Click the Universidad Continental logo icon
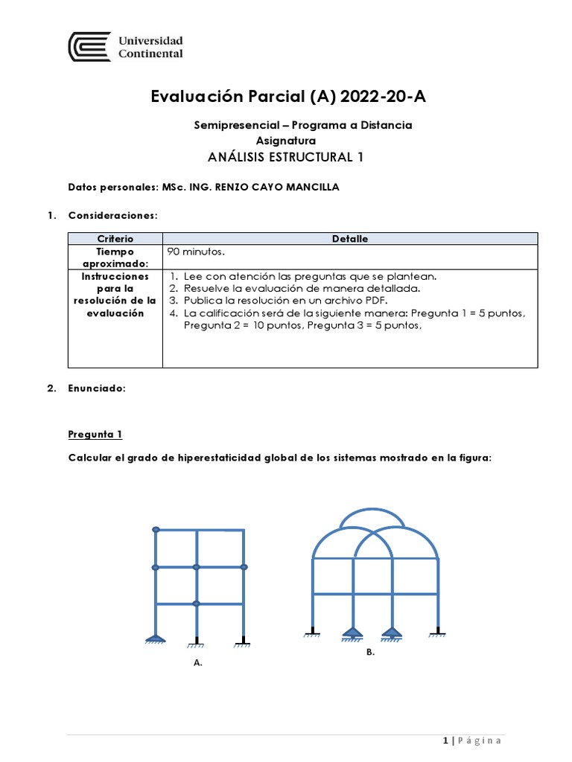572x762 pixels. [x=89, y=46]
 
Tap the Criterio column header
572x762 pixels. [x=115, y=238]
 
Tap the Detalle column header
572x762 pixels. [x=349, y=238]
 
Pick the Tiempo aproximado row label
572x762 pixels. [x=115, y=257]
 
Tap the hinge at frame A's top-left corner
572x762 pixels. [x=156, y=530]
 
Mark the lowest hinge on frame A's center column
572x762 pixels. [x=197, y=603]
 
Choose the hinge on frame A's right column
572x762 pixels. [x=244, y=567]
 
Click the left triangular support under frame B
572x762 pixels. [x=352, y=633]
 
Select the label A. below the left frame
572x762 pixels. [x=197, y=662]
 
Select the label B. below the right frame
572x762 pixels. [x=370, y=652]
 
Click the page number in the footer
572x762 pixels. [x=445, y=740]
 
